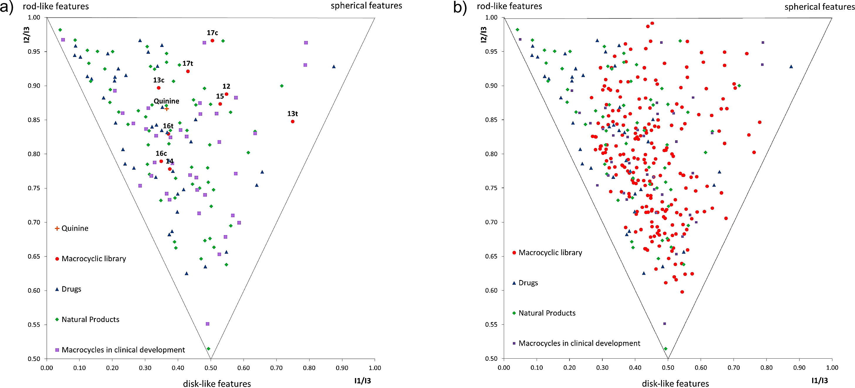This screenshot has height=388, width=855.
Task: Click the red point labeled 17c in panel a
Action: pyautogui.click(x=212, y=41)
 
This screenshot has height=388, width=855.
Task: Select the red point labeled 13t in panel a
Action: pyautogui.click(x=293, y=122)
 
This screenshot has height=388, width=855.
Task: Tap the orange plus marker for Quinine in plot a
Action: pyautogui.click(x=167, y=109)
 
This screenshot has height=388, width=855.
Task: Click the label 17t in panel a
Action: pyautogui.click(x=188, y=63)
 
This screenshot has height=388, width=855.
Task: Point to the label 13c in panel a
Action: pyautogui.click(x=159, y=80)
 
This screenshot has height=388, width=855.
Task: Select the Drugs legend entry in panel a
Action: pyautogui.click(x=71, y=289)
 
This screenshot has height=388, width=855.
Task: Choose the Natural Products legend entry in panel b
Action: pyautogui.click(x=547, y=313)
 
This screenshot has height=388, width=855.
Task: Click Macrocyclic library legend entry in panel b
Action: pyautogui.click(x=550, y=253)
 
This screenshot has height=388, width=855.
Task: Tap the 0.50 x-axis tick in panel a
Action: pyautogui.click(x=210, y=368)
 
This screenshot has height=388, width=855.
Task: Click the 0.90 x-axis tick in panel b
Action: pyautogui.click(x=799, y=368)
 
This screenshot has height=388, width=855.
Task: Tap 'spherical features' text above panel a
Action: pyautogui.click(x=366, y=6)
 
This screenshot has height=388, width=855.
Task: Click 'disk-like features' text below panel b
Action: pyautogui.click(x=675, y=384)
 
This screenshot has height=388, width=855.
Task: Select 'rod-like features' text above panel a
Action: pyautogui.click(x=56, y=6)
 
